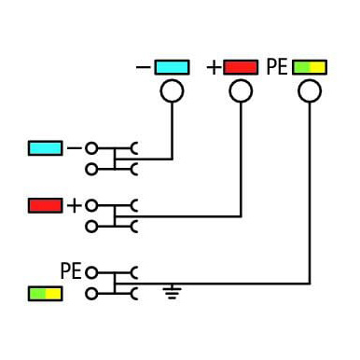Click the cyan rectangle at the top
(x=172, y=67)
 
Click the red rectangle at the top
(x=241, y=67)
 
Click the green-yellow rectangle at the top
(x=310, y=67)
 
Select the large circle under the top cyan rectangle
(x=172, y=90)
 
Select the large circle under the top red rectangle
(x=241, y=90)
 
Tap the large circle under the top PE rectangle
(x=310, y=90)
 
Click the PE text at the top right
(x=277, y=67)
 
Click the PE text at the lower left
(x=71, y=270)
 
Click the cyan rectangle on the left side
(x=46, y=148)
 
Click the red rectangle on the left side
(x=46, y=205)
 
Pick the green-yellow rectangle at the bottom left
(x=46, y=294)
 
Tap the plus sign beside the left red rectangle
(x=75, y=205)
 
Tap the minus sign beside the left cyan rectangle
(x=75, y=148)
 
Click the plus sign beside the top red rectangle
(x=214, y=67)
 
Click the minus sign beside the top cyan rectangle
(x=143, y=67)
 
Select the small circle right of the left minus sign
(x=91, y=148)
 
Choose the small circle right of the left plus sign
(x=91, y=206)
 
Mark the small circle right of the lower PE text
(x=91, y=273)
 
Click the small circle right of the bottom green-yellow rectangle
(x=91, y=294)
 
